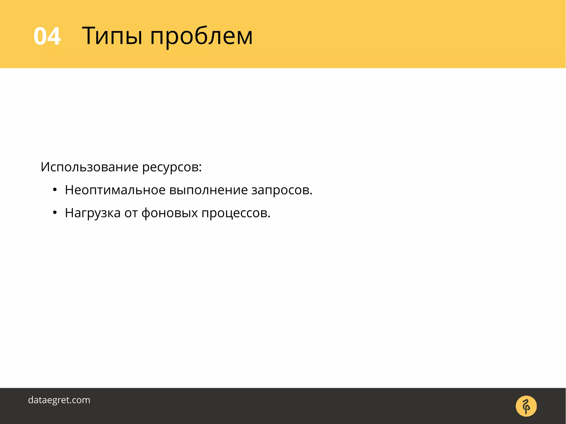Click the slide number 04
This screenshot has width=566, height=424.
coord(47,36)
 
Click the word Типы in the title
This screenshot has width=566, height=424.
coord(112,36)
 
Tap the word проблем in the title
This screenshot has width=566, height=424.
coord(201,37)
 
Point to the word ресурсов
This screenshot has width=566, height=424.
coord(170,167)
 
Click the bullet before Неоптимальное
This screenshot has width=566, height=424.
coord(55,190)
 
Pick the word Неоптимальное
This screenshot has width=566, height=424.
coord(115,190)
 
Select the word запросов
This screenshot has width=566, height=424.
coord(280,191)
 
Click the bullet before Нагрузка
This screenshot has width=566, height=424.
coord(55,213)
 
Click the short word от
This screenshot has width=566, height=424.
coord(131,213)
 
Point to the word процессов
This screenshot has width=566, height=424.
coord(234,214)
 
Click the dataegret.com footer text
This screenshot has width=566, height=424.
coord(59,400)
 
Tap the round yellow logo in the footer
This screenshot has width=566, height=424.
coord(526,406)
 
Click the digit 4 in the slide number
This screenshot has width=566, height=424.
coord(54,36)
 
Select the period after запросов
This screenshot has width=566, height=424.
coord(311,194)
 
